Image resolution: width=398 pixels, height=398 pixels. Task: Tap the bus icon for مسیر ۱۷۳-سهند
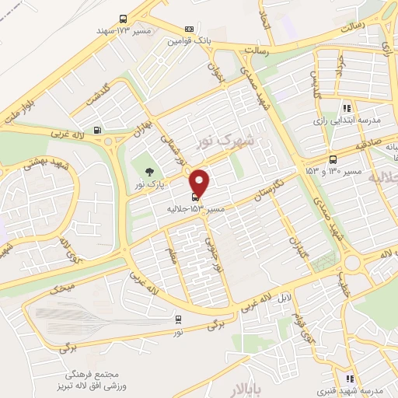coord(124,19)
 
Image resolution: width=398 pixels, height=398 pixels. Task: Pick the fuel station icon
coord(97,131)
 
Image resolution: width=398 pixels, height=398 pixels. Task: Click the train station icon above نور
coord(180,319)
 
